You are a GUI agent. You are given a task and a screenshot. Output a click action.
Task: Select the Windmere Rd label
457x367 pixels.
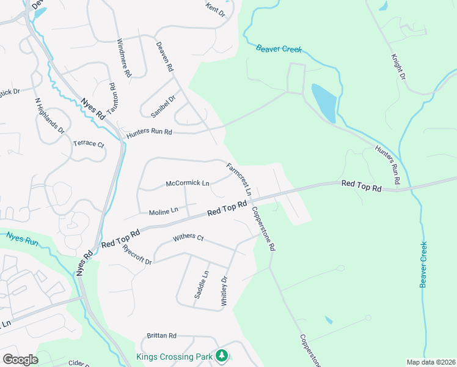[x=124, y=57]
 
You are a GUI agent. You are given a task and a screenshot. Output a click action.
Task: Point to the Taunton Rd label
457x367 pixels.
[x=112, y=97]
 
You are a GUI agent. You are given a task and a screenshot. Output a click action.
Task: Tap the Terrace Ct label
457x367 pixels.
[x=89, y=144]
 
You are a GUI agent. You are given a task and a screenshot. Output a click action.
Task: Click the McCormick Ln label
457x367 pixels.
[x=188, y=183]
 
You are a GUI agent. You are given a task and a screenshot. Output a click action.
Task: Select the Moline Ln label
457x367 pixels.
[x=163, y=211]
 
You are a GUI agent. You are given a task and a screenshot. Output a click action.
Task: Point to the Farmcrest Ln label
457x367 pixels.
[x=239, y=179]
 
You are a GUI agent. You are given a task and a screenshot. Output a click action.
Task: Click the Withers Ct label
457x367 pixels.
[x=188, y=237]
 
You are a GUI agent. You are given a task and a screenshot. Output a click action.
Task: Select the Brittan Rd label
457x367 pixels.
[x=161, y=336]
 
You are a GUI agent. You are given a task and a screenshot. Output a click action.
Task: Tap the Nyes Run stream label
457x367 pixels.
[x=23, y=237]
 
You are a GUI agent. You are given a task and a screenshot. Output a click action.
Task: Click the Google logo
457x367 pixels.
[x=20, y=360]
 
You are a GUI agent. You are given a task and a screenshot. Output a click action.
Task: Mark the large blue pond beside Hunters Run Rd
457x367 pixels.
[x=324, y=102]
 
